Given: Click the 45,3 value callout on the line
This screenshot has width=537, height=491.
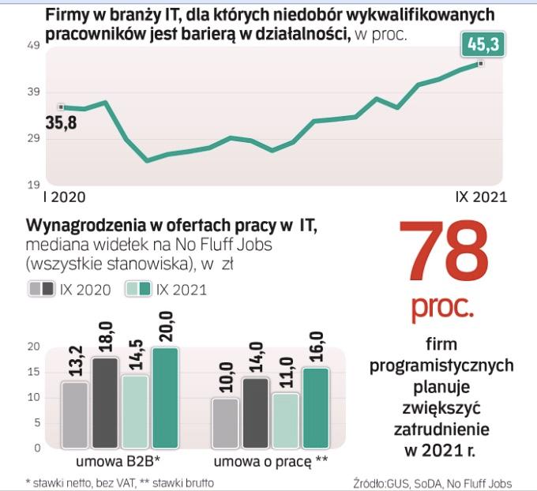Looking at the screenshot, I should [x=483, y=46].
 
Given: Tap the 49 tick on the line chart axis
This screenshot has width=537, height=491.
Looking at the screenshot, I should [x=33, y=47].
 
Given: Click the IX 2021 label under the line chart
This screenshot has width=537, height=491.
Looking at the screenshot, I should [x=481, y=197].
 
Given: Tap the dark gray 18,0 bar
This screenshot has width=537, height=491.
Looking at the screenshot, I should [x=104, y=402].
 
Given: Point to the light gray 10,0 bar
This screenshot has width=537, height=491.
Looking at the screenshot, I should [x=224, y=422].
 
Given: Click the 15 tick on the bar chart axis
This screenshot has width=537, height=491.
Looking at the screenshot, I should [x=34, y=372].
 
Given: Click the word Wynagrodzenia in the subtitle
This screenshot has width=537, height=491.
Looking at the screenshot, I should [x=86, y=227].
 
